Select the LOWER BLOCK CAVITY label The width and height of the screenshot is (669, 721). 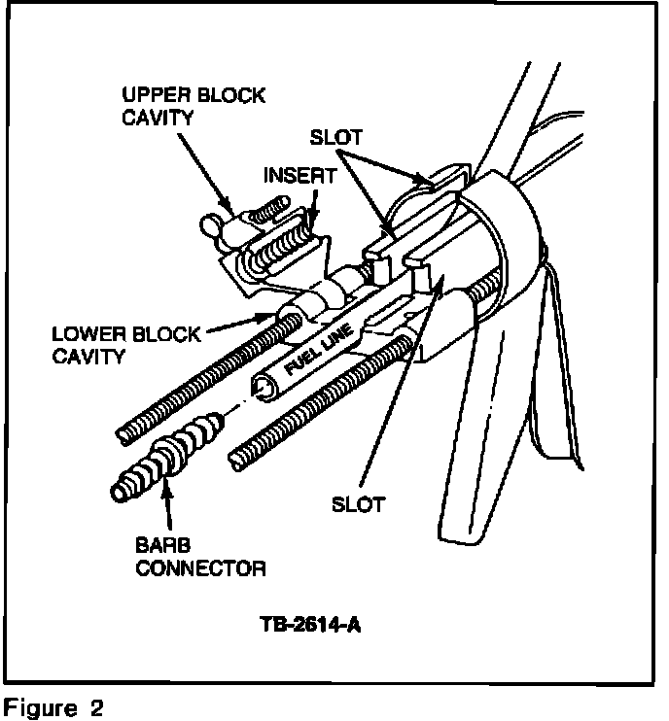(x=126, y=345)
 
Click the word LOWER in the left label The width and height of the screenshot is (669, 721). (x=85, y=334)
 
